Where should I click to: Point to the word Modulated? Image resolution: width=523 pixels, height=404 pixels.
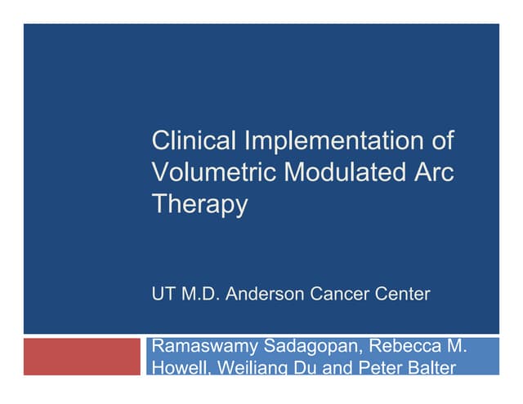click(344, 172)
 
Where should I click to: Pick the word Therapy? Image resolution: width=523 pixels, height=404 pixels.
click(199, 205)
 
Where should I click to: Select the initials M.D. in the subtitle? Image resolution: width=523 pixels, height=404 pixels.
click(200, 295)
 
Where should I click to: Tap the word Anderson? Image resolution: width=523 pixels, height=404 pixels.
click(264, 295)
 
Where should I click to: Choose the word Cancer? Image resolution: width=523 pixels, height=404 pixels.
click(337, 295)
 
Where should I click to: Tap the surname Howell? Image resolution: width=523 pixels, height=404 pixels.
click(179, 367)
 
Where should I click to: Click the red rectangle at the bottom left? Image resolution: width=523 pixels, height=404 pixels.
click(82, 356)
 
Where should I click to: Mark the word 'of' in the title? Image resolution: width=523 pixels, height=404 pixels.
click(441, 141)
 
